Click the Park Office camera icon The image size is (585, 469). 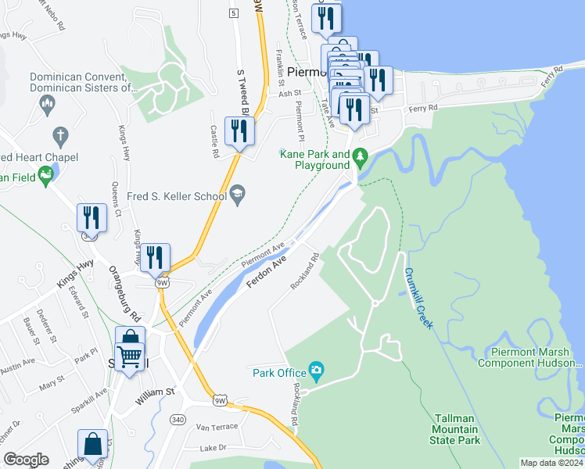tap(316, 369)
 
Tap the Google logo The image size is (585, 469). tap(26, 459)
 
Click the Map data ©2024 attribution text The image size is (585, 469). tap(551, 463)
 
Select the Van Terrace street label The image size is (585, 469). tap(216, 428)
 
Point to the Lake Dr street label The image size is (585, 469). tap(212, 448)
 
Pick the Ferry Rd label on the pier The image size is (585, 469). tap(552, 78)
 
